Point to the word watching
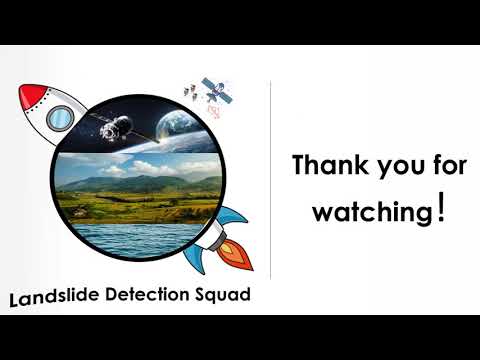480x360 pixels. pyautogui.click(x=372, y=212)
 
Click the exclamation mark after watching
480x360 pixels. pyautogui.click(x=441, y=210)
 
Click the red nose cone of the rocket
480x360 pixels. pyautogui.click(x=31, y=97)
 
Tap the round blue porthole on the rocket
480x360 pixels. pyautogui.click(x=61, y=118)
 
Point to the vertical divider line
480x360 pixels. pyautogui.click(x=272, y=180)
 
